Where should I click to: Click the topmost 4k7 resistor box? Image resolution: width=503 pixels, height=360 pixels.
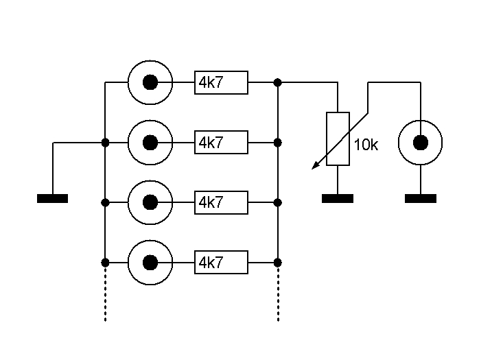[221, 83]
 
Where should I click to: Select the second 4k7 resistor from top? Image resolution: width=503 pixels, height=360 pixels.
[221, 143]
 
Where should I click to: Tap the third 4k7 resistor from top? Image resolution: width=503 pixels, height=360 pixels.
[221, 203]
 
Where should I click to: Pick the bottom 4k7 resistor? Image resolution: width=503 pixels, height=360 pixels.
[221, 263]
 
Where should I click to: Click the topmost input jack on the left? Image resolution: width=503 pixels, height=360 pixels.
[150, 83]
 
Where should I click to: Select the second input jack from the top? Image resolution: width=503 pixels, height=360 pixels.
[150, 143]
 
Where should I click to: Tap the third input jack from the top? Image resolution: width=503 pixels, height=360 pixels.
[150, 203]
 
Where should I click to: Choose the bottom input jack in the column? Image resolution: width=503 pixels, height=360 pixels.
[150, 263]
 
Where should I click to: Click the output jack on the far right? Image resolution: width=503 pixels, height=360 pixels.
[420, 143]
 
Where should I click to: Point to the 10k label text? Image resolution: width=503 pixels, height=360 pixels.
[366, 145]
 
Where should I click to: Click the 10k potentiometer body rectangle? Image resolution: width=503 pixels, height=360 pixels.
[338, 139]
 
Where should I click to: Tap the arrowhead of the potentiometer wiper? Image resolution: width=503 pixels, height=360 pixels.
[314, 166]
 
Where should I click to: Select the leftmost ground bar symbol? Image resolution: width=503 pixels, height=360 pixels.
[52, 199]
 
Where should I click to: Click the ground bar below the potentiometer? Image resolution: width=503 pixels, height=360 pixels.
[338, 199]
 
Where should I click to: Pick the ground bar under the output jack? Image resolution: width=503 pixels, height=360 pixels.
[420, 199]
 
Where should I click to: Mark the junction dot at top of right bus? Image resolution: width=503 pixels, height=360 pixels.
[278, 83]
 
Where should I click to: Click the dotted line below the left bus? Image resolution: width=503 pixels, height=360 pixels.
[105, 295]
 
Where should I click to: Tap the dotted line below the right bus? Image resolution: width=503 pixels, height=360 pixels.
[278, 295]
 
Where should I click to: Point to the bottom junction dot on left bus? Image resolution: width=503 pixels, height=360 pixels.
[105, 263]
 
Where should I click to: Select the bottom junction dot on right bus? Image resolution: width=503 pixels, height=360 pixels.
[278, 263]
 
